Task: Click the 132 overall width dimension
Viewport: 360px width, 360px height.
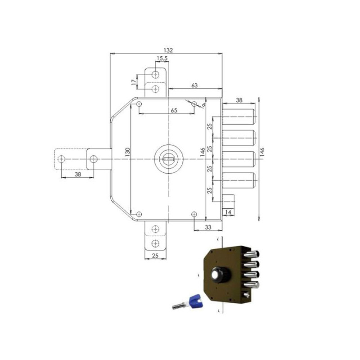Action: (168, 50)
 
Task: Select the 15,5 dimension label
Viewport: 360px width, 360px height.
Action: (162, 58)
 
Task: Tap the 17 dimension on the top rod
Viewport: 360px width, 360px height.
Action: (134, 82)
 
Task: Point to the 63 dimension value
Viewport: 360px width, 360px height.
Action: (194, 85)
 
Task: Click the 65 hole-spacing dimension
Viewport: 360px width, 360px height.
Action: (174, 110)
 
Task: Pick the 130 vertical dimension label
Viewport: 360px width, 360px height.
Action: (128, 152)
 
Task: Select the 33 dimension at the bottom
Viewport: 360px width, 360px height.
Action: (208, 227)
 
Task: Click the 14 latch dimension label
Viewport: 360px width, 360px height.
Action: (228, 212)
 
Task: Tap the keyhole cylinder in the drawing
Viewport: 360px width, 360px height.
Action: (168, 159)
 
